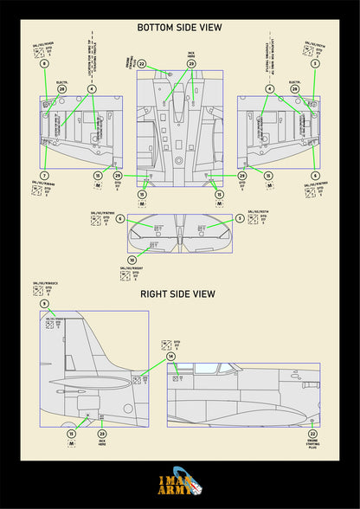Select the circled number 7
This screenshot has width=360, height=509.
(x=44, y=175)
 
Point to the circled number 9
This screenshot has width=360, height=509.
(x=44, y=304)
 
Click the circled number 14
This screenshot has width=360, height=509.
(x=170, y=356)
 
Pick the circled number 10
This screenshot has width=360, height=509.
(x=132, y=260)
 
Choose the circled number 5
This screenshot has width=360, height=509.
(x=240, y=218)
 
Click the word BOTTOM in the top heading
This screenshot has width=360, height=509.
(x=157, y=28)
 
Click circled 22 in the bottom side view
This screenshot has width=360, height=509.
(x=141, y=64)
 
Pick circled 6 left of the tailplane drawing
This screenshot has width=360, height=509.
(x=120, y=218)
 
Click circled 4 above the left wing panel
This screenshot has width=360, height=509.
(x=92, y=88)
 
